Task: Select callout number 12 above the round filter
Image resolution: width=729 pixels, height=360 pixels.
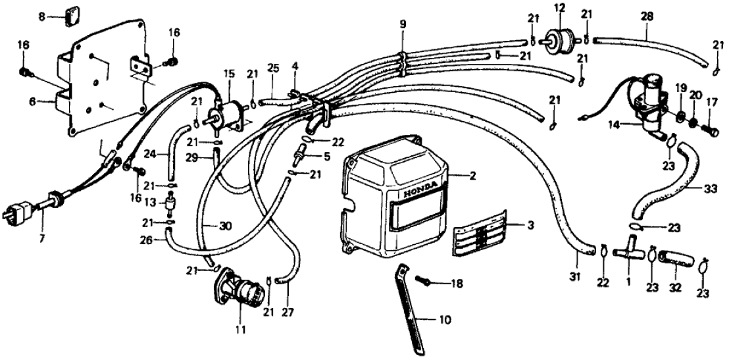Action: [x=559, y=9]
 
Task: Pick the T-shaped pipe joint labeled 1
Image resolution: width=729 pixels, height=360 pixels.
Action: [x=626, y=253]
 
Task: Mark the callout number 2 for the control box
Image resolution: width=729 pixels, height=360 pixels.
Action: [x=472, y=176]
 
